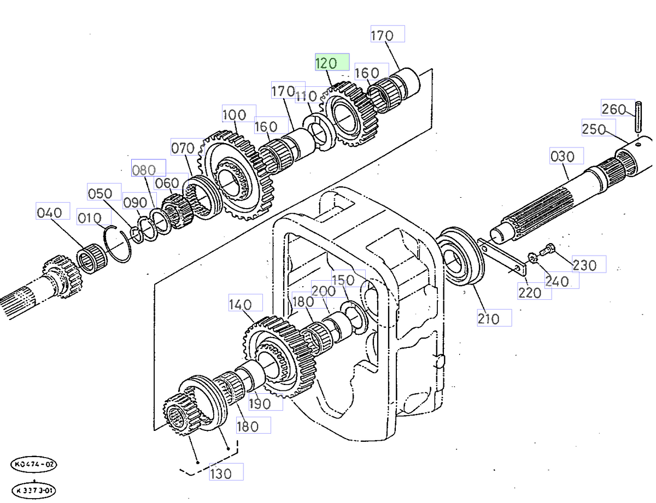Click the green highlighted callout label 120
pyautogui.click(x=332, y=63)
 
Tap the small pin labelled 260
pyautogui.click(x=638, y=116)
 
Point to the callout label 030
pyautogui.click(x=566, y=157)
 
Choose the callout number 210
pyautogui.click(x=494, y=318)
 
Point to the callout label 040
pyautogui.click(x=53, y=211)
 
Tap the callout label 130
pyautogui.click(x=225, y=472)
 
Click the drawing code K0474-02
pyautogui.click(x=34, y=465)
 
